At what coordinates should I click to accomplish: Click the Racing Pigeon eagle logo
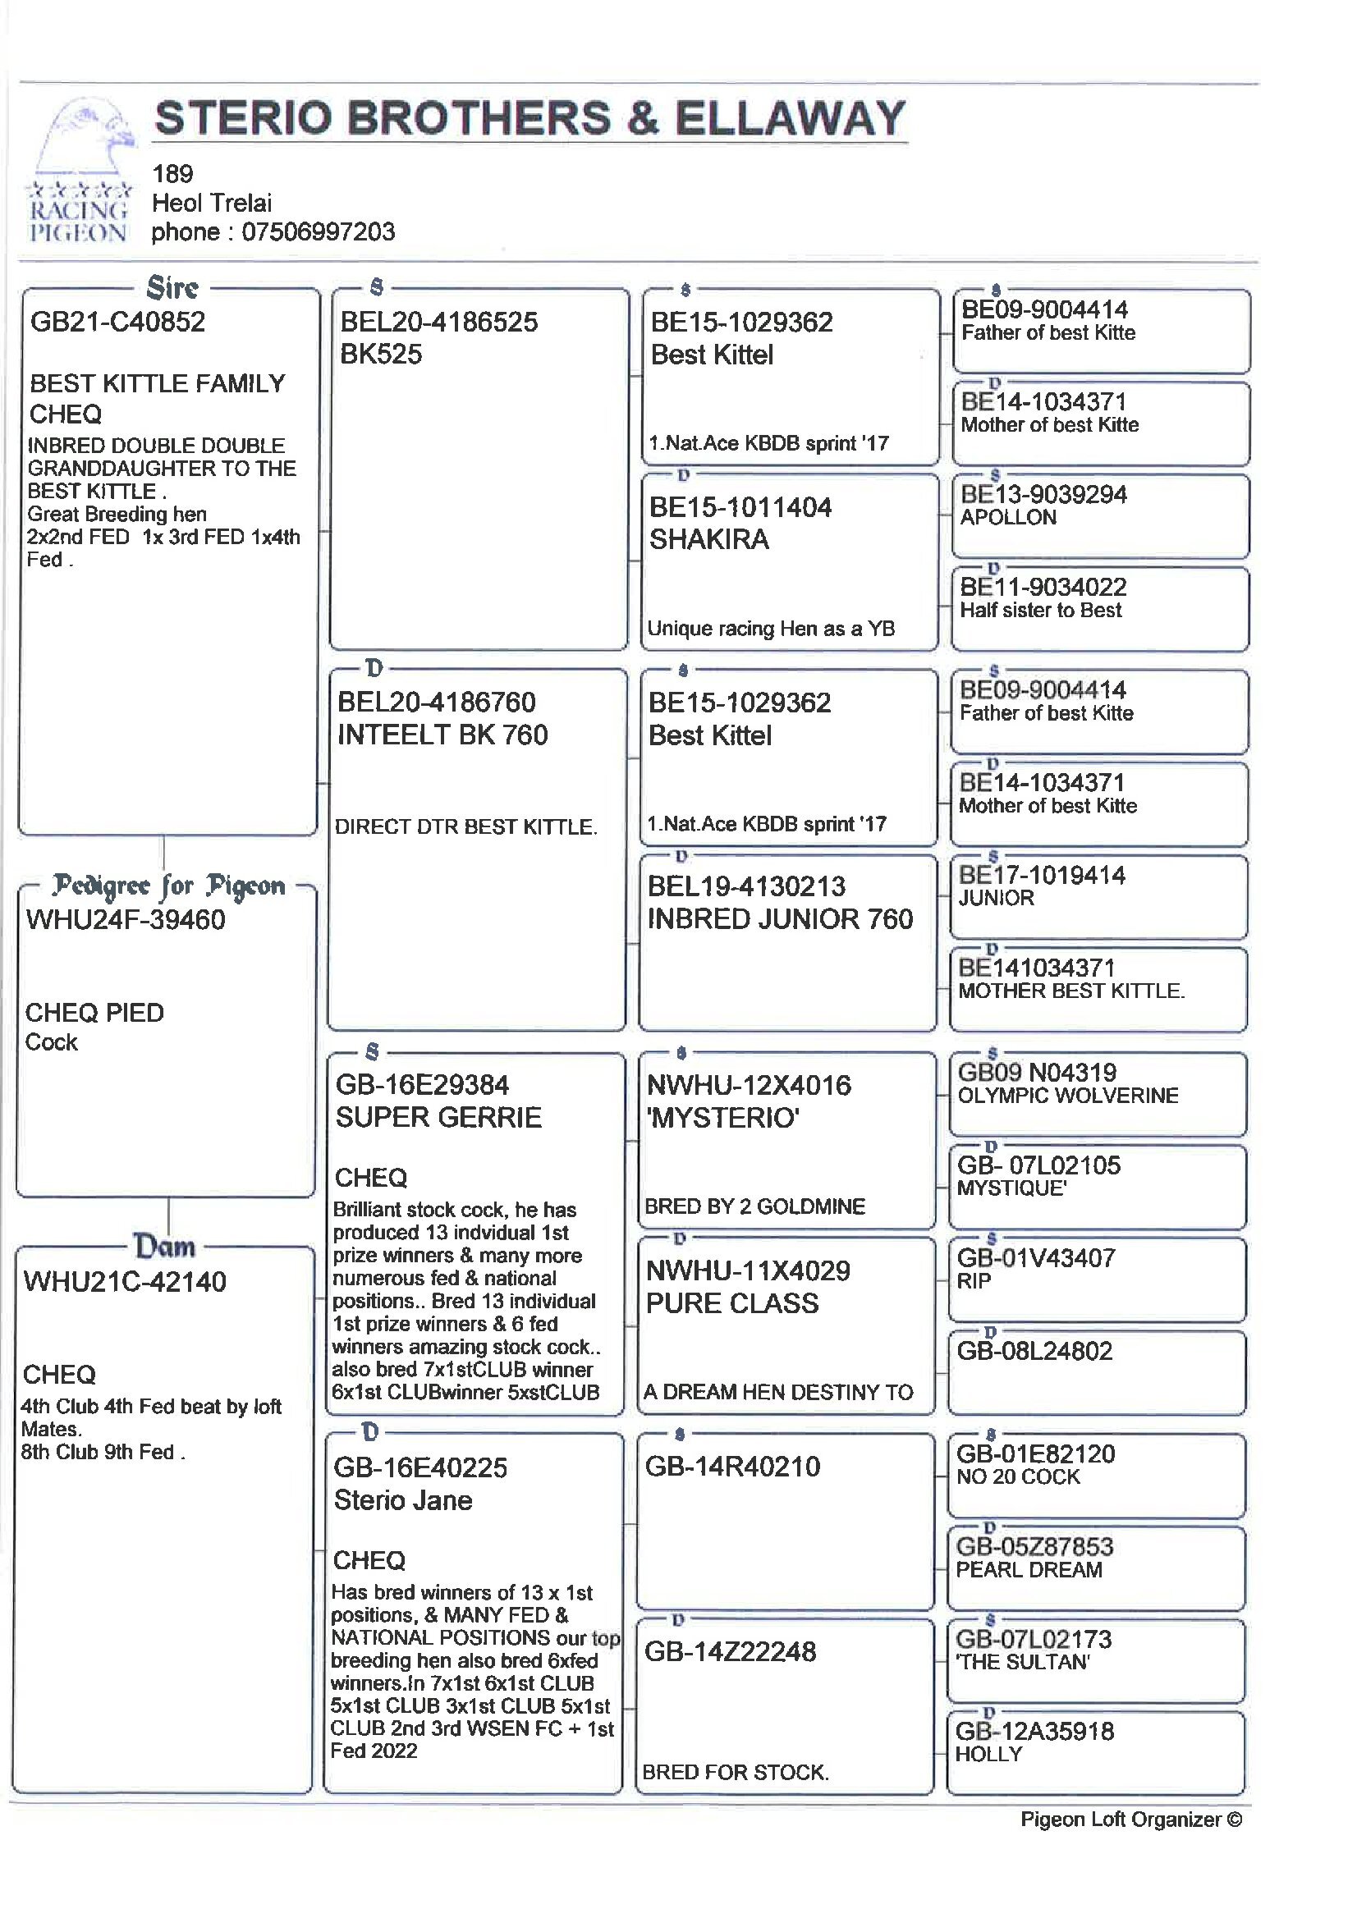click(x=80, y=172)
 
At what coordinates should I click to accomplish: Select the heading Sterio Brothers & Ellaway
click(x=530, y=118)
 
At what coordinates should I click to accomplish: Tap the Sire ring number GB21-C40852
click(x=118, y=322)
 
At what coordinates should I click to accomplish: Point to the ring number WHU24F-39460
click(x=126, y=920)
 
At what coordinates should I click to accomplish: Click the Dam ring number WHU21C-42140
click(x=125, y=1281)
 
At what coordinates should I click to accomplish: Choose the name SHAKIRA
click(x=708, y=540)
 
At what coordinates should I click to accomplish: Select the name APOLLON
click(x=1008, y=517)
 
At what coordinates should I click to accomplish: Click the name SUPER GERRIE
click(x=438, y=1117)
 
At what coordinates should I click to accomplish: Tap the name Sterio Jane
click(x=403, y=1500)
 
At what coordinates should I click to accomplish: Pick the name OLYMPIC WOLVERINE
click(x=1068, y=1095)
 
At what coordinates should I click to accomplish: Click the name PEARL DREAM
click(x=1029, y=1570)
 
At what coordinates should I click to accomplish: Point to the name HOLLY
click(x=988, y=1755)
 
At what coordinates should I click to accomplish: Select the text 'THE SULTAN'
click(x=1023, y=1662)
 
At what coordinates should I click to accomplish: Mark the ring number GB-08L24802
click(x=1034, y=1351)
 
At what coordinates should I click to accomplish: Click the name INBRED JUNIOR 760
click(x=780, y=919)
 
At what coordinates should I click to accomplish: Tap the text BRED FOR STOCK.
click(x=736, y=1773)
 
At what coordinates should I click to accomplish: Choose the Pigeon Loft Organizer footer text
click(x=1130, y=1820)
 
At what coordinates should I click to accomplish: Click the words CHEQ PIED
click(x=94, y=1013)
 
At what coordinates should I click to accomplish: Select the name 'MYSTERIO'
click(x=722, y=1118)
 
